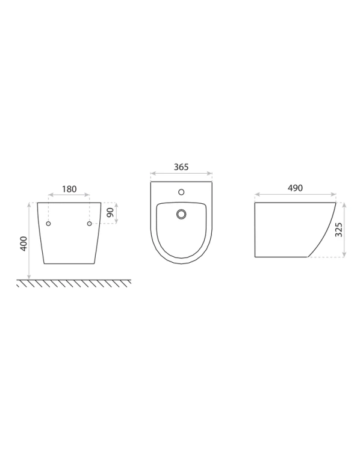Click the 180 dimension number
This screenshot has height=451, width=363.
coord(70,189)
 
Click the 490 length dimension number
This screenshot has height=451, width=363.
coord(294,188)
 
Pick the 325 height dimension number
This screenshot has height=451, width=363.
coord(338,230)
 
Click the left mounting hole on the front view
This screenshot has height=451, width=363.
coord(49,224)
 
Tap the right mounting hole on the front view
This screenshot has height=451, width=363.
coord(90,224)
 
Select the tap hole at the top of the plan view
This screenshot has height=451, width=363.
coord(181,192)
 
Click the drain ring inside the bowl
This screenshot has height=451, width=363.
coord(181,213)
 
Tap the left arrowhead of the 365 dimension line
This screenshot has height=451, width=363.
coord(152,175)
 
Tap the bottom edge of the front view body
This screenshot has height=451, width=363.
coord(70,263)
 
